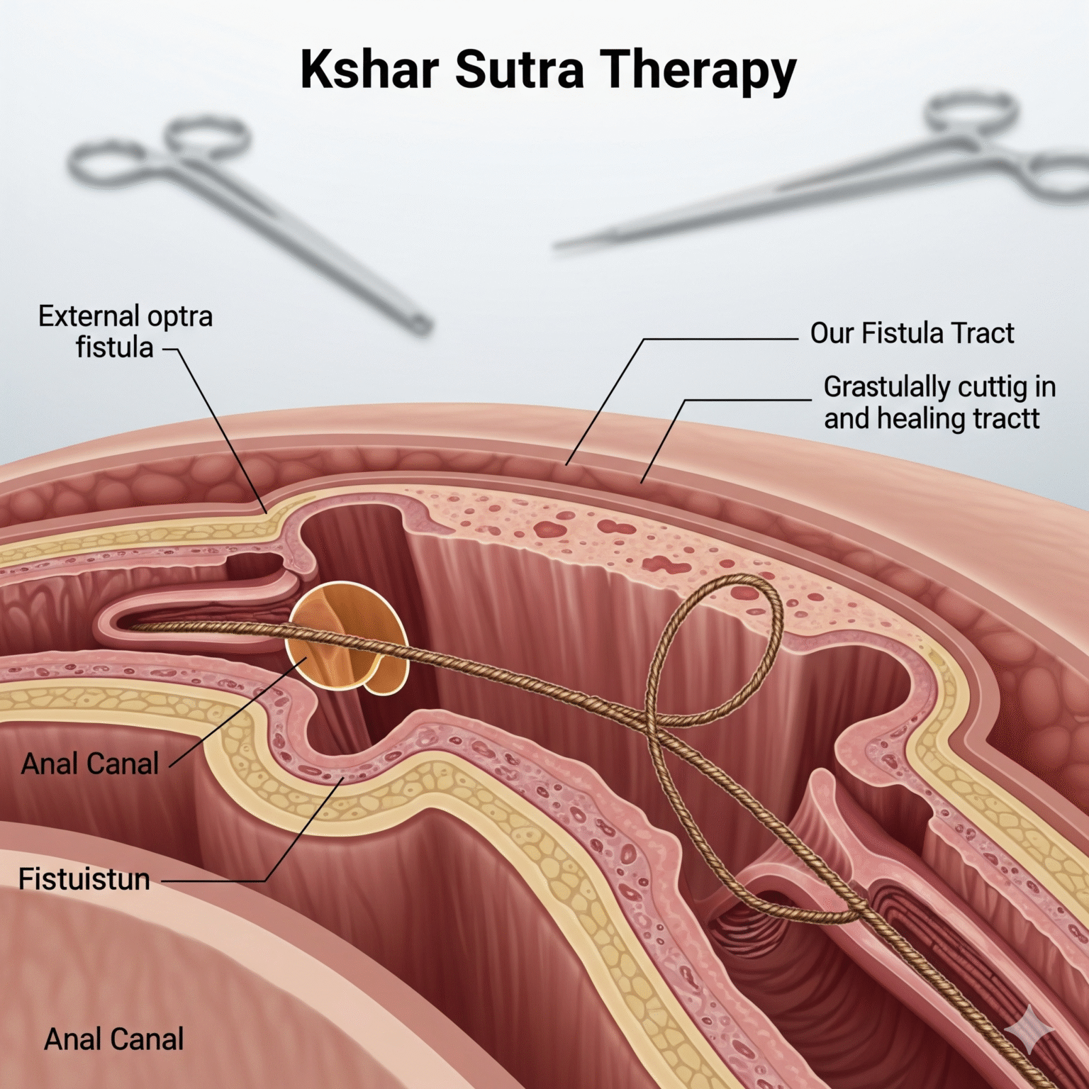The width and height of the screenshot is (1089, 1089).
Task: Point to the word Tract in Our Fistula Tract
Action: (x=983, y=333)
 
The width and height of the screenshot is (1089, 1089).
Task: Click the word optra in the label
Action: (x=177, y=317)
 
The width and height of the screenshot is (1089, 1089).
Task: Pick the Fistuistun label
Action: (x=84, y=880)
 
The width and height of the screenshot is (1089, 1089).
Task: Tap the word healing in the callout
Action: (x=922, y=419)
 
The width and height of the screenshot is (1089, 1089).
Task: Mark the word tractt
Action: (x=1006, y=419)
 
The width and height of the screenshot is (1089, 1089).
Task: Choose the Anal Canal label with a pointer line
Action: (x=90, y=764)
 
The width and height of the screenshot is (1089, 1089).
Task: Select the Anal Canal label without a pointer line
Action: (x=113, y=1040)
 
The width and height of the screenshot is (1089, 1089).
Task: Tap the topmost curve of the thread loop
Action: (x=744, y=580)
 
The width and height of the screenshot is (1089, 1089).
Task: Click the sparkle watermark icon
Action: (x=1029, y=1032)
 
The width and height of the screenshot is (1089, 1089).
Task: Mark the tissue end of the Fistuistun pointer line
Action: (x=345, y=778)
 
